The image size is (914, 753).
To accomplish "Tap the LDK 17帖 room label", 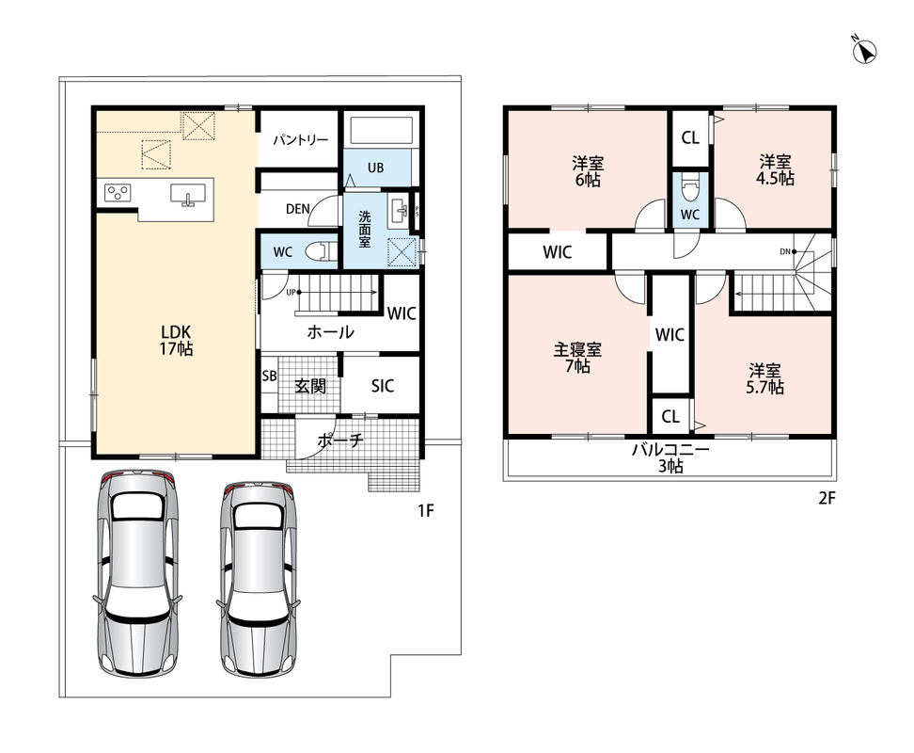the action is [x=176, y=341].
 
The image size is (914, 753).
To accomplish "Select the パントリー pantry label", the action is [x=300, y=140].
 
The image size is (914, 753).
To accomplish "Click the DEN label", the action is [x=297, y=209].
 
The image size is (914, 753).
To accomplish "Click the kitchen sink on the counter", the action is [x=188, y=194].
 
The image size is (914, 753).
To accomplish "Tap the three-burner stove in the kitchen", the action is [x=118, y=192].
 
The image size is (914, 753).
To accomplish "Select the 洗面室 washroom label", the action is [x=364, y=230].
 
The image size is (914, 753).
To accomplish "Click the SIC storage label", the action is [x=383, y=386].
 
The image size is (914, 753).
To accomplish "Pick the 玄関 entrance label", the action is [x=309, y=386].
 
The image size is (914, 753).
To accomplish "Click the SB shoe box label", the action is [x=269, y=376].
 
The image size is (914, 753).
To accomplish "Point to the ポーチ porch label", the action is [x=339, y=441].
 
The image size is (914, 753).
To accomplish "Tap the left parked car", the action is [x=137, y=573].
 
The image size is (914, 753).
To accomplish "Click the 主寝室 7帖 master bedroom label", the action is [x=577, y=358].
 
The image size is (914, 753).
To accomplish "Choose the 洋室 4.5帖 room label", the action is [x=775, y=169].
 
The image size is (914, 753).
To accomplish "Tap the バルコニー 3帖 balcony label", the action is [x=670, y=458].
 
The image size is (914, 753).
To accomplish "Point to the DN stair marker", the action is [x=785, y=252].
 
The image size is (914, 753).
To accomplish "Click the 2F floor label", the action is [x=827, y=498].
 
